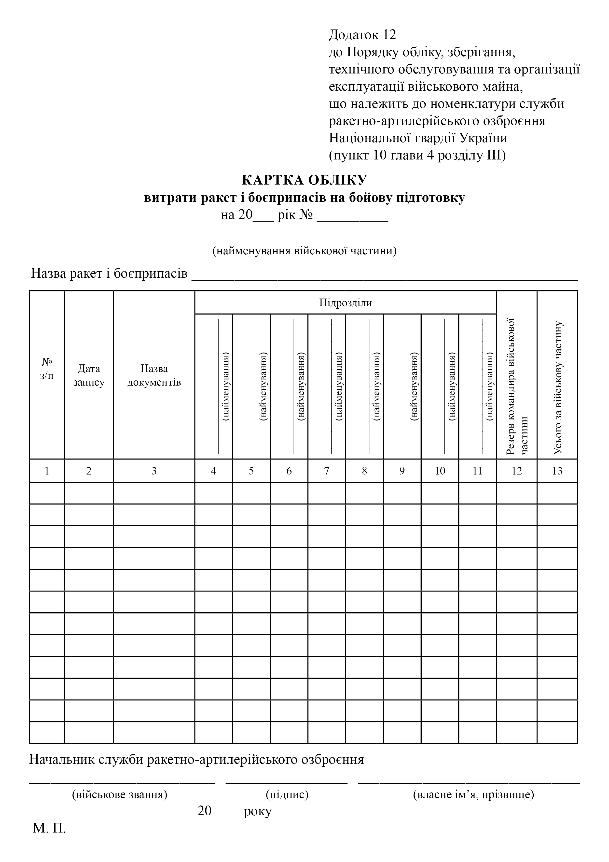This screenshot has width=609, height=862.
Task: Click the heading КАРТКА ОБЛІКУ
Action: pos(304,180)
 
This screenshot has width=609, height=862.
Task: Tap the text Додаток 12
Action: pos(362,35)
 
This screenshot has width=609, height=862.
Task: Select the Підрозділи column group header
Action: pos(345,302)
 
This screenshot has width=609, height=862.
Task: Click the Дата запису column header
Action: pos(89,375)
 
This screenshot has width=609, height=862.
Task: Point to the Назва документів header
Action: pos(154,375)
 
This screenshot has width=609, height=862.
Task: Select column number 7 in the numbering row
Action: pos(326,471)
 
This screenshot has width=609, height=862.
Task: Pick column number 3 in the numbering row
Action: pos(154,471)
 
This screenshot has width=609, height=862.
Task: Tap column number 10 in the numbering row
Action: pos(440,471)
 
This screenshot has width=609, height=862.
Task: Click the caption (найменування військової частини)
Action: pos(304,251)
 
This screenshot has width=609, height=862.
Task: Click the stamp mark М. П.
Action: pos(49,828)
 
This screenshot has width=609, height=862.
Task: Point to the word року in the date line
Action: pos(257,811)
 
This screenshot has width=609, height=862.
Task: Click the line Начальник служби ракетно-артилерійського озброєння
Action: pos(197,760)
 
